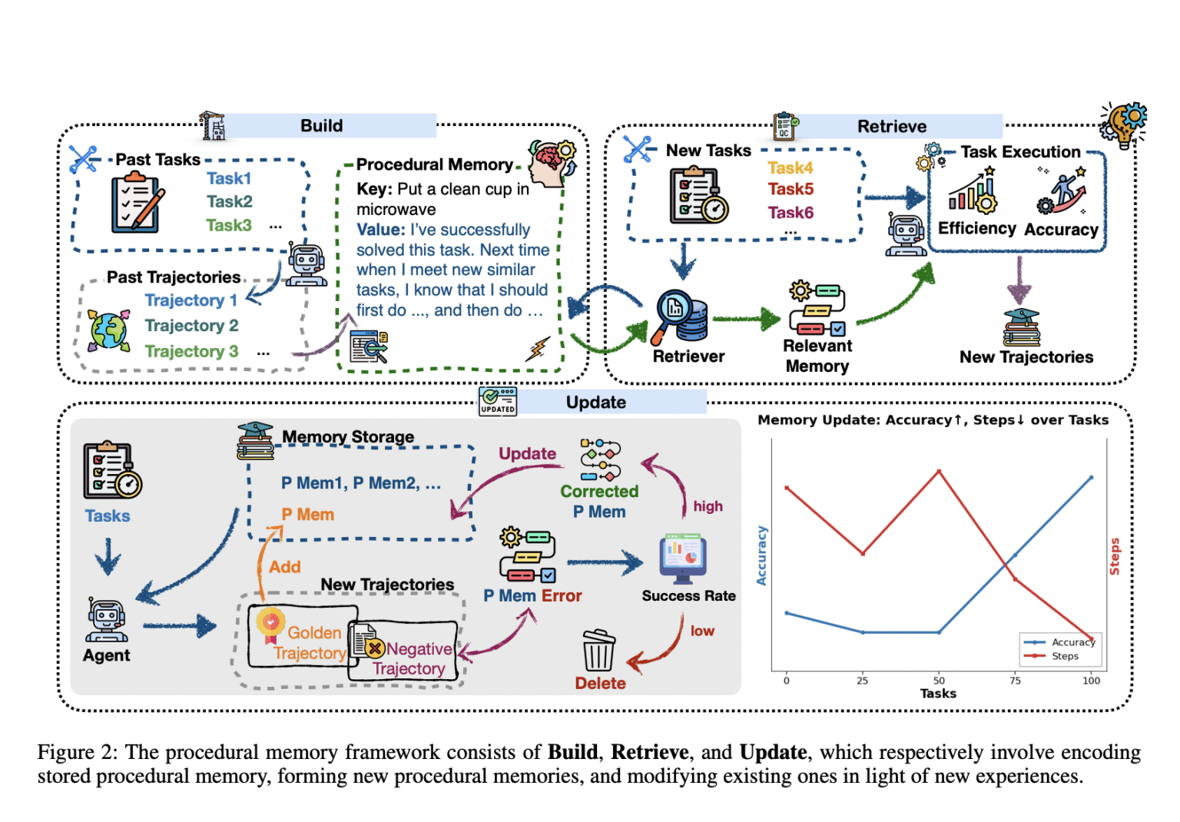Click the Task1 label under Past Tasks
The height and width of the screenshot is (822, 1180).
pyautogui.click(x=229, y=178)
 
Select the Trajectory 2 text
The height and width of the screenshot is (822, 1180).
pyautogui.click(x=191, y=326)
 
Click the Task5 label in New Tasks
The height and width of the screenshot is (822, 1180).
pyautogui.click(x=791, y=189)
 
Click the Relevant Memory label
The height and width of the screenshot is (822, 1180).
pyautogui.click(x=817, y=356)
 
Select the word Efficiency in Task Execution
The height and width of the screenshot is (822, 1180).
pyautogui.click(x=976, y=228)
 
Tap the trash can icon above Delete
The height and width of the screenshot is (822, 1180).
pyautogui.click(x=598, y=651)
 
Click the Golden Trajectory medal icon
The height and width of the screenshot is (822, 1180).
pyautogui.click(x=270, y=625)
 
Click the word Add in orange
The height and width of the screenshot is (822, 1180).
pyautogui.click(x=284, y=567)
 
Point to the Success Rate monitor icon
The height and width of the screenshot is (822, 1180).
pyautogui.click(x=682, y=556)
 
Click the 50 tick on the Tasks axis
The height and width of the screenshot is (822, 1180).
pyautogui.click(x=939, y=680)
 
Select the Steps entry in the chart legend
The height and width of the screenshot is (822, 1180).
pyautogui.click(x=1065, y=656)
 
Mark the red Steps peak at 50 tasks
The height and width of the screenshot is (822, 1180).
pyautogui.click(x=939, y=471)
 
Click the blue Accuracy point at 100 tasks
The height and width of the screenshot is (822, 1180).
pyautogui.click(x=1091, y=478)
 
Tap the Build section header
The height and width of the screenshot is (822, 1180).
pyautogui.click(x=322, y=126)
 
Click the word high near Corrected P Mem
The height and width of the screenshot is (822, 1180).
pyautogui.click(x=708, y=506)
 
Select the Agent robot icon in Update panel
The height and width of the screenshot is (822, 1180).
pyautogui.click(x=107, y=621)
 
